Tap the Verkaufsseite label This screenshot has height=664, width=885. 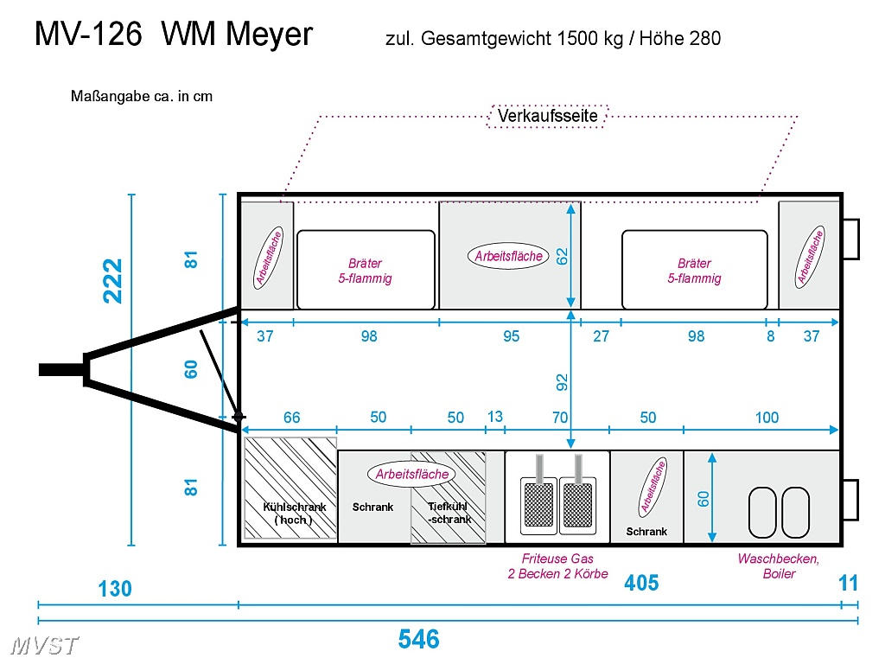tap(547, 115)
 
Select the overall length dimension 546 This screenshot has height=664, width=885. tap(419, 639)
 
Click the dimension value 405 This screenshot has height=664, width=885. tap(641, 584)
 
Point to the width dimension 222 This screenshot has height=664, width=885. tap(113, 280)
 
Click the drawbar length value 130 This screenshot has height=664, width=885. tap(114, 589)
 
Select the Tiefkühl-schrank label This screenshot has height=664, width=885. tap(449, 514)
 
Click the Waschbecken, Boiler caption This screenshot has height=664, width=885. tap(778, 566)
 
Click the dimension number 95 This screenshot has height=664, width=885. tap(512, 336)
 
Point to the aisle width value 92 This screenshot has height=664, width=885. tap(562, 380)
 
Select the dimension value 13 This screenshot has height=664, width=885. tap(494, 417)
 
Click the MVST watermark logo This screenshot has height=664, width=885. tap(46, 645)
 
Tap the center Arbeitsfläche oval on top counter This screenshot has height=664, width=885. tap(509, 256)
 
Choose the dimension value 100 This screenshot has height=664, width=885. tap(767, 418)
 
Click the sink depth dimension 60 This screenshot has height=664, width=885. tap(704, 498)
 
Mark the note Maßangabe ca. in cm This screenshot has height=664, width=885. tap(142, 96)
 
